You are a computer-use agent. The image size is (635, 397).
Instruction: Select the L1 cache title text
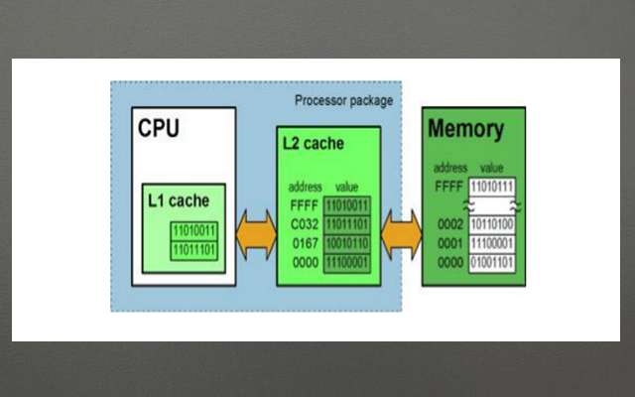click(x=179, y=200)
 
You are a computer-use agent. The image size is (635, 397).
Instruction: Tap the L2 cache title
click(x=314, y=144)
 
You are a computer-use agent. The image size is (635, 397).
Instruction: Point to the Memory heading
click(x=465, y=129)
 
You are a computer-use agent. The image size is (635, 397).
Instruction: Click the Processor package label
click(x=344, y=100)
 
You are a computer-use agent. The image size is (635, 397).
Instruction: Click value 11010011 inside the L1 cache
click(x=194, y=231)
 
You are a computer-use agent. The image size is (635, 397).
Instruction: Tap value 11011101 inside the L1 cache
click(x=194, y=248)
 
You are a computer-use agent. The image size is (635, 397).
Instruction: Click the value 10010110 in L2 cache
click(x=346, y=241)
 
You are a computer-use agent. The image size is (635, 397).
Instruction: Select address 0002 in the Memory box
click(x=450, y=225)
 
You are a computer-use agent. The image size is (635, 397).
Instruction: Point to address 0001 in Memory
click(x=450, y=243)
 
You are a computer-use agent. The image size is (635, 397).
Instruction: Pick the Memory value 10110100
click(x=492, y=225)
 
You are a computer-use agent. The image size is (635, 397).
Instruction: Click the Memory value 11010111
click(x=492, y=186)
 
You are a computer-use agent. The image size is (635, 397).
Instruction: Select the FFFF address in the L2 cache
click(x=304, y=206)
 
